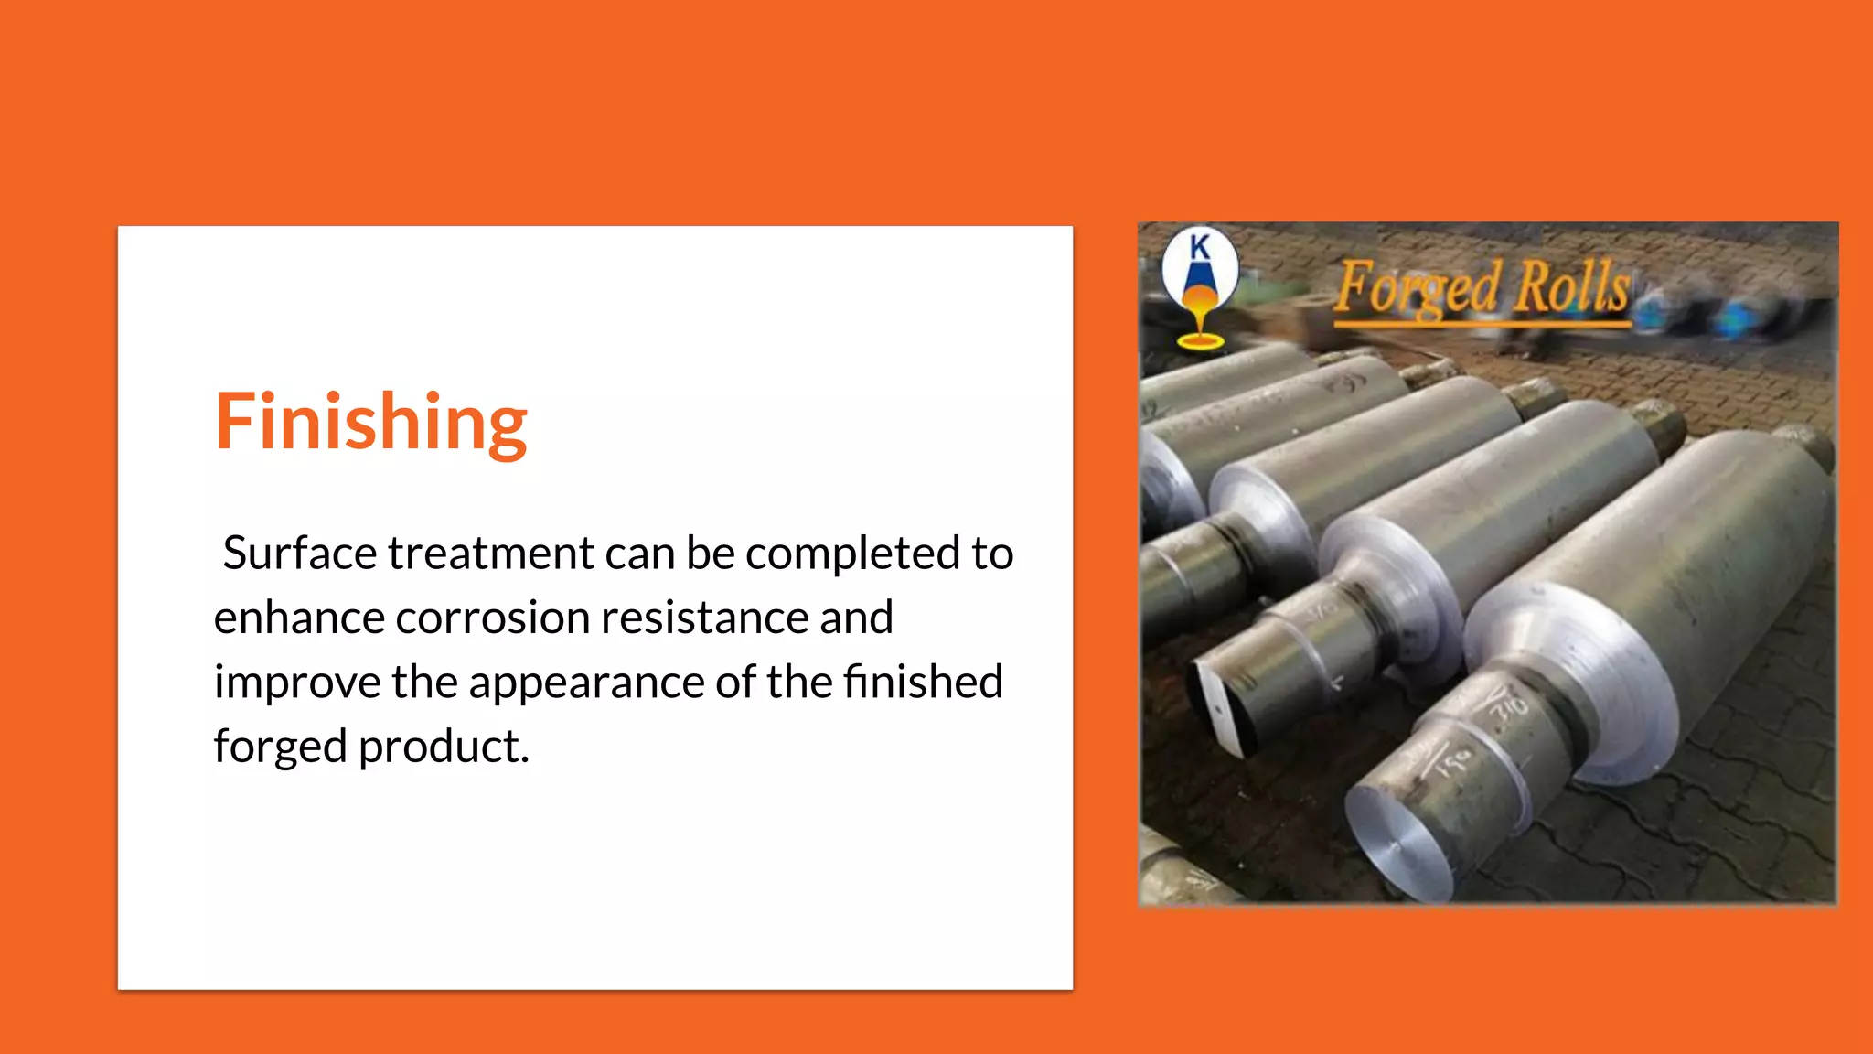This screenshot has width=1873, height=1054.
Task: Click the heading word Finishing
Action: pyautogui.click(x=370, y=423)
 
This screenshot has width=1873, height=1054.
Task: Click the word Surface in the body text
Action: pyautogui.click(x=299, y=554)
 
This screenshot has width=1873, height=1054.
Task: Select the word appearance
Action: pyautogui.click(x=586, y=683)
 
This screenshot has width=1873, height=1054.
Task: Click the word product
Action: pyautogui.click(x=444, y=747)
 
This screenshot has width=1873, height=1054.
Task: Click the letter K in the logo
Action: pyautogui.click(x=1200, y=246)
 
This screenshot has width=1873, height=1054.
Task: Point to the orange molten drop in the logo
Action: pyautogui.click(x=1199, y=302)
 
